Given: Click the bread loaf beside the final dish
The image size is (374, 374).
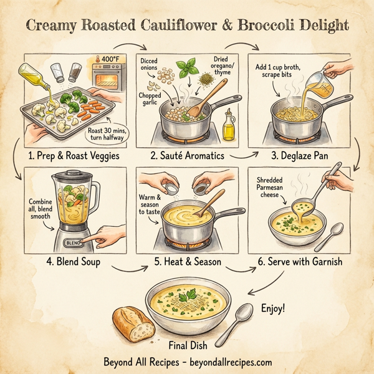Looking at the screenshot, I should click(x=133, y=323).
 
